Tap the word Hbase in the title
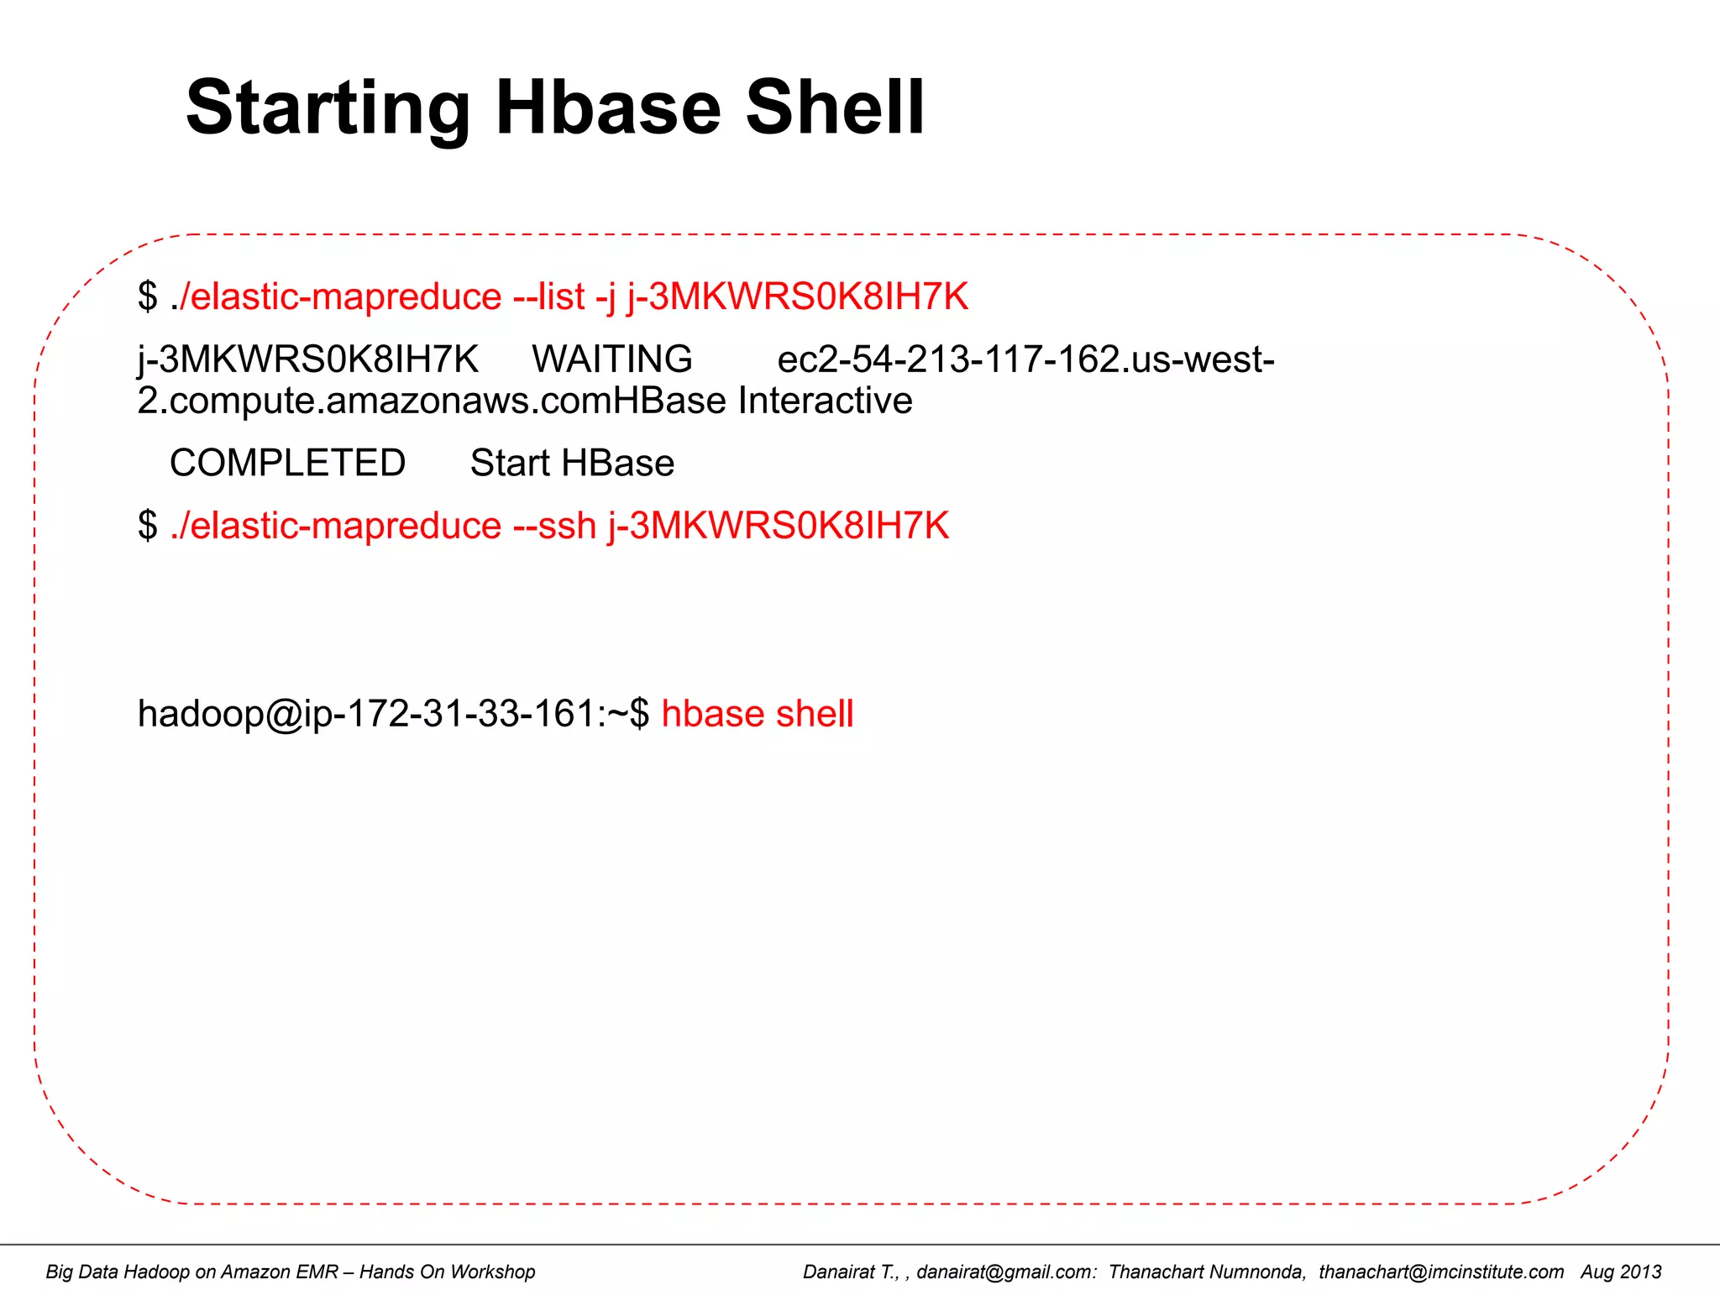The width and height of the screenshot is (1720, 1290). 608,107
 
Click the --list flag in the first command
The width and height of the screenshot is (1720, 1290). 549,296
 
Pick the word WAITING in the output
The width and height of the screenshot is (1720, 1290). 612,359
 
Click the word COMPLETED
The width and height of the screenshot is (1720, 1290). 287,463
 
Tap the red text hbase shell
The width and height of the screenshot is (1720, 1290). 757,714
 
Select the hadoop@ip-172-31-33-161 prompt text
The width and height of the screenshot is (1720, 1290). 366,714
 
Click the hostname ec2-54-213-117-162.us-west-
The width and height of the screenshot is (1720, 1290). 1025,359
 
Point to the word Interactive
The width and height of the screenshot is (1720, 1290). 825,401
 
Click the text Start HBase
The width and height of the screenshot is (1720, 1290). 572,463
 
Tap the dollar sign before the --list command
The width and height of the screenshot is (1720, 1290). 148,296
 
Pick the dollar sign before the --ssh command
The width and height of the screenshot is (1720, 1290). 148,526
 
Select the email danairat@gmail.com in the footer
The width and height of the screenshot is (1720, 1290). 1005,1272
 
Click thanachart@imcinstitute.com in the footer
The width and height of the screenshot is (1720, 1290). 1441,1272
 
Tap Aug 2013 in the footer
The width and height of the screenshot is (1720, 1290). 1621,1272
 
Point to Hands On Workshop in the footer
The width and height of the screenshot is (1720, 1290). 447,1272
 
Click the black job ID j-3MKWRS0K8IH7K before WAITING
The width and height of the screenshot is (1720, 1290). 307,359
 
